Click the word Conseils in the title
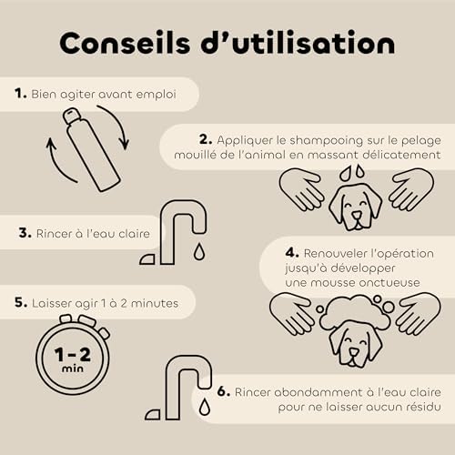click(x=125, y=43)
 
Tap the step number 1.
click(x=21, y=94)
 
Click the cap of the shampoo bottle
click(x=72, y=116)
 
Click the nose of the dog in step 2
click(x=357, y=216)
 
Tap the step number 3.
click(x=25, y=233)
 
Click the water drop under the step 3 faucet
click(x=199, y=251)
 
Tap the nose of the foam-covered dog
click(x=353, y=352)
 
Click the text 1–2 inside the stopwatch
click(x=73, y=354)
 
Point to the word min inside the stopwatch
click(x=73, y=369)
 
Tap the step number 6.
click(x=224, y=391)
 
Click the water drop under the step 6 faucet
click(x=205, y=406)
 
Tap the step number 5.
click(x=21, y=302)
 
